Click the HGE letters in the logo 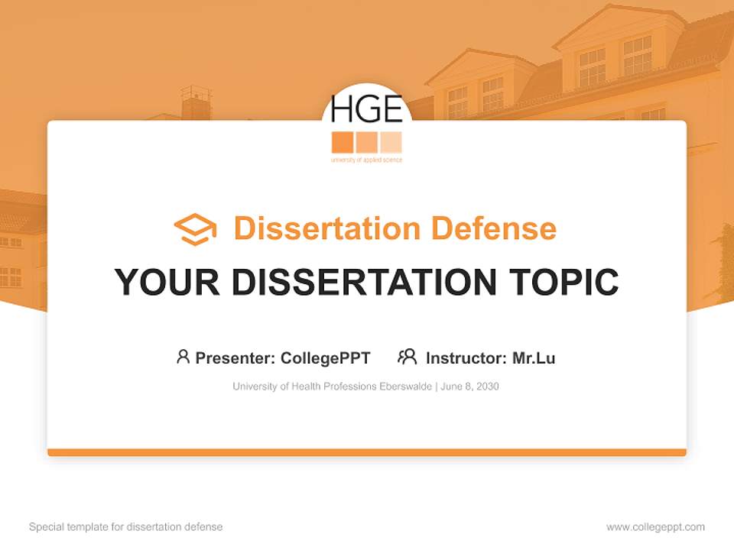click(366, 110)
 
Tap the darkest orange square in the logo click(343, 142)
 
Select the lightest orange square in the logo click(391, 142)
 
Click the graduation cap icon click(195, 229)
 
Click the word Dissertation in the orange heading click(326, 228)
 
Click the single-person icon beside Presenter click(183, 357)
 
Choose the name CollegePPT click(325, 357)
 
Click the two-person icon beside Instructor click(407, 357)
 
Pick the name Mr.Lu click(534, 357)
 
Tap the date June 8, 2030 click(469, 387)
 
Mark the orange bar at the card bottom click(367, 452)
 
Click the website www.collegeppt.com click(655, 527)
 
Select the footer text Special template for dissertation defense click(125, 527)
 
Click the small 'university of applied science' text click(366, 160)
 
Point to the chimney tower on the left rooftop click(196, 102)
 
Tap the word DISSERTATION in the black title click(365, 283)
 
